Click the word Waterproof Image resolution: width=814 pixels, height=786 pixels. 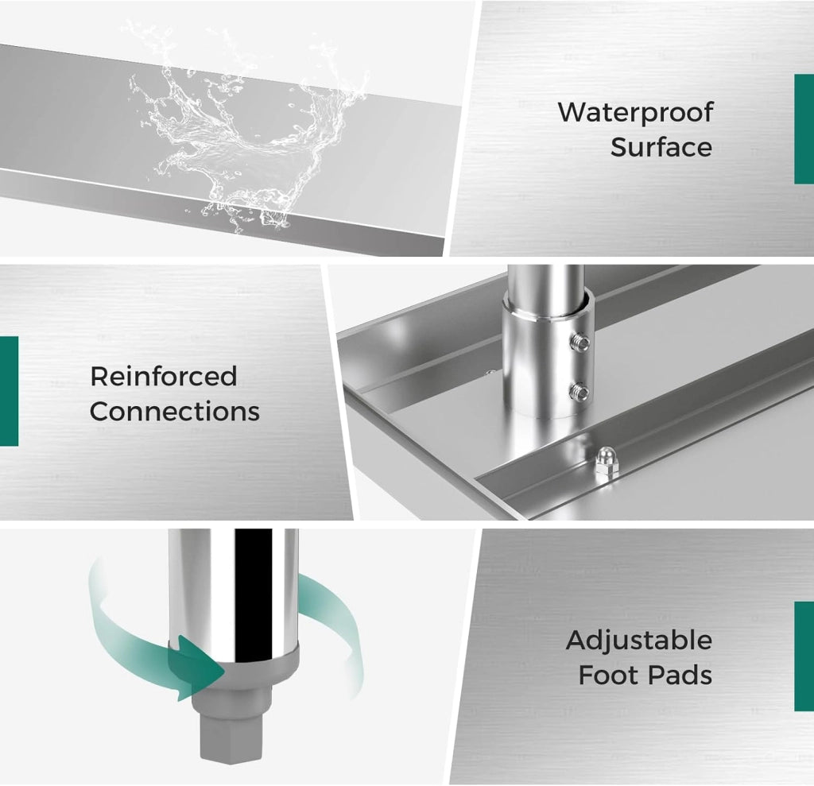click(635, 112)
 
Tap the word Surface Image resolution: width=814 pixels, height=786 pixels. click(661, 147)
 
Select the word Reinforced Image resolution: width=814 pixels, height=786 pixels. click(164, 377)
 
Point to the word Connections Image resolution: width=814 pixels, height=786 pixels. click(174, 411)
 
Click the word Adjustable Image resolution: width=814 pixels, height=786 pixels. click(638, 641)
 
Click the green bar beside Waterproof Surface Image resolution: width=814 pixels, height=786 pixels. click(804, 129)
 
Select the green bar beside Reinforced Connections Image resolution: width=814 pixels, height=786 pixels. click(9, 391)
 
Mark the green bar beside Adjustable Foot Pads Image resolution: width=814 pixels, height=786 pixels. click(804, 656)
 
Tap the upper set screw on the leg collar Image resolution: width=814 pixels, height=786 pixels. click(579, 342)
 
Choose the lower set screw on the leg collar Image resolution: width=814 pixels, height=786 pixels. click(579, 391)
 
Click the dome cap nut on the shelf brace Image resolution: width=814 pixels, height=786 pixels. click(604, 461)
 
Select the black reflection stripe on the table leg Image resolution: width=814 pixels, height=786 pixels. click(254, 595)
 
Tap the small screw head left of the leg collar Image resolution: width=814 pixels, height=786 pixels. click(490, 372)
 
